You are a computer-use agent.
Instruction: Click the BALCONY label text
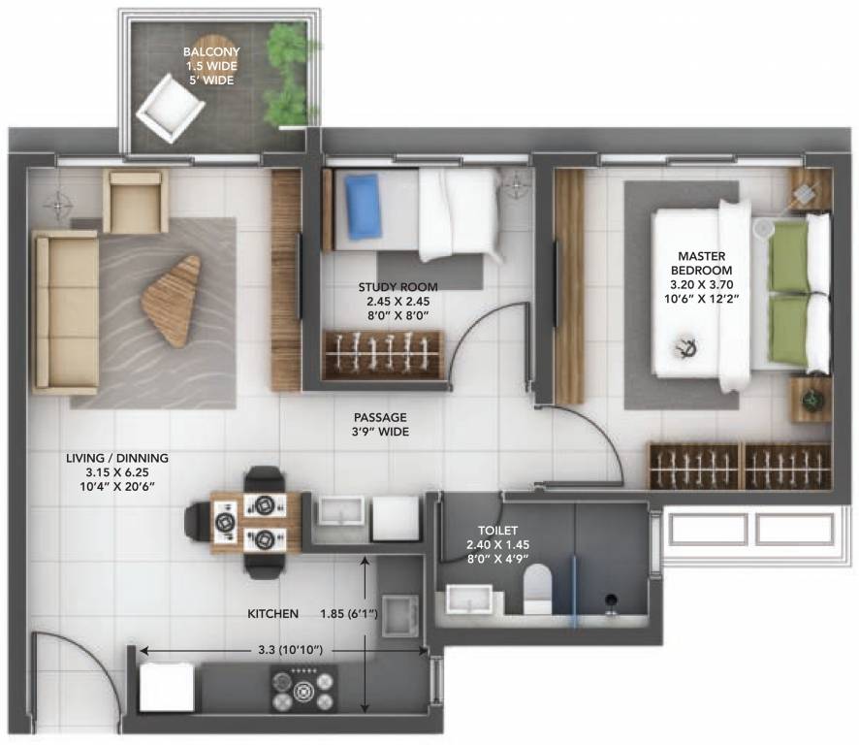tap(212, 66)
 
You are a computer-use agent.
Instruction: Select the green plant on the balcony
tap(287, 74)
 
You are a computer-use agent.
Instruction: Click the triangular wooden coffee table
tap(173, 300)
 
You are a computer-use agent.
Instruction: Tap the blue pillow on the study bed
tap(363, 206)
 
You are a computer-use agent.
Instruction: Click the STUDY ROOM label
tap(398, 301)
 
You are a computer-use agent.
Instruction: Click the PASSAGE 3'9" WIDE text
tap(380, 425)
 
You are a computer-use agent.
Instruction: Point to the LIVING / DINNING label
tap(117, 470)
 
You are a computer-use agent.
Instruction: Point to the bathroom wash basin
tap(470, 602)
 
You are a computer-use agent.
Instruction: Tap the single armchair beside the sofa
tap(135, 202)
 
